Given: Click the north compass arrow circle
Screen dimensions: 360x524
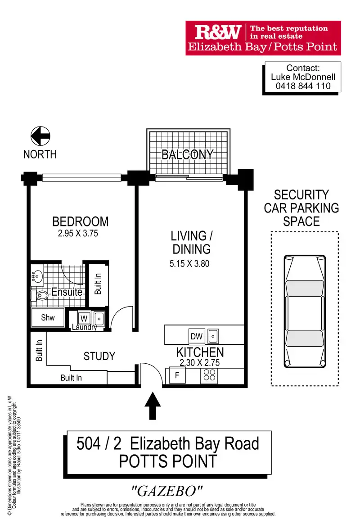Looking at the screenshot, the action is (40, 136).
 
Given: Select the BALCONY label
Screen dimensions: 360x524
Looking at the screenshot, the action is (187, 154).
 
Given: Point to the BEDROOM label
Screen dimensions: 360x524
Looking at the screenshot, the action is (81, 221).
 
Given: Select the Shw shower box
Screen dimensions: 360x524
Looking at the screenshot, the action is (48, 317).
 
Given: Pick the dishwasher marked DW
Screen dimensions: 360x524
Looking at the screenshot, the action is (197, 336).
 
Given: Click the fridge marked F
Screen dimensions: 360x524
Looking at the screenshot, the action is (177, 376).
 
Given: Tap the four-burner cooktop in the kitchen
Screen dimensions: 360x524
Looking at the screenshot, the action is (209, 375).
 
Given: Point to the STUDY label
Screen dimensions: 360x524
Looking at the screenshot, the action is (99, 357).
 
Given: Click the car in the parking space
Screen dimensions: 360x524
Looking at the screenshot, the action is (305, 312).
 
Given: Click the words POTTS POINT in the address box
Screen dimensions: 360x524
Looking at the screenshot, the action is (168, 461).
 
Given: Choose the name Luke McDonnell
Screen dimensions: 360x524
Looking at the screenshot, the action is (303, 77).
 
